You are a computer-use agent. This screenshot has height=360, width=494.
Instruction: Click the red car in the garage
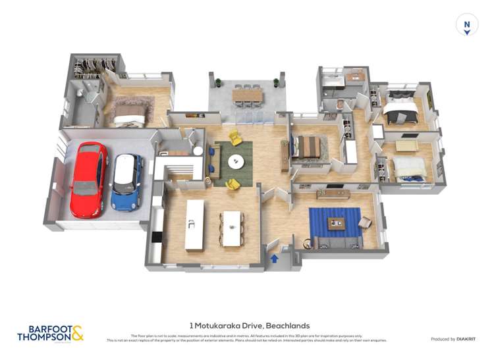pyautogui.click(x=88, y=179)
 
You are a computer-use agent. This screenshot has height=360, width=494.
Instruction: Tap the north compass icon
pyautogui.click(x=467, y=25)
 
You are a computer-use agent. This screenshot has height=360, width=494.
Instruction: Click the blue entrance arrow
pyautogui.click(x=274, y=259)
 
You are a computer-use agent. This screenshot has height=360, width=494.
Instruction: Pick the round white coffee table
pyautogui.click(x=236, y=161)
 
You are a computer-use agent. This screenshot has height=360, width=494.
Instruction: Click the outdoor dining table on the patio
pyautogui.click(x=247, y=96)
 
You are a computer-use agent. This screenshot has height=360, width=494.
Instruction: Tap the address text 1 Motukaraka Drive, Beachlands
pyautogui.click(x=249, y=325)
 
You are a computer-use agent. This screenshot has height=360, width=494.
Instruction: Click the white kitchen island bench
pyautogui.click(x=194, y=224)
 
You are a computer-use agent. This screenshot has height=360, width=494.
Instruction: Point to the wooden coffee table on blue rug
pyautogui.click(x=337, y=223)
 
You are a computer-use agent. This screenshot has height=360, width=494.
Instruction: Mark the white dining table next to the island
pyautogui.click(x=233, y=228)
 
